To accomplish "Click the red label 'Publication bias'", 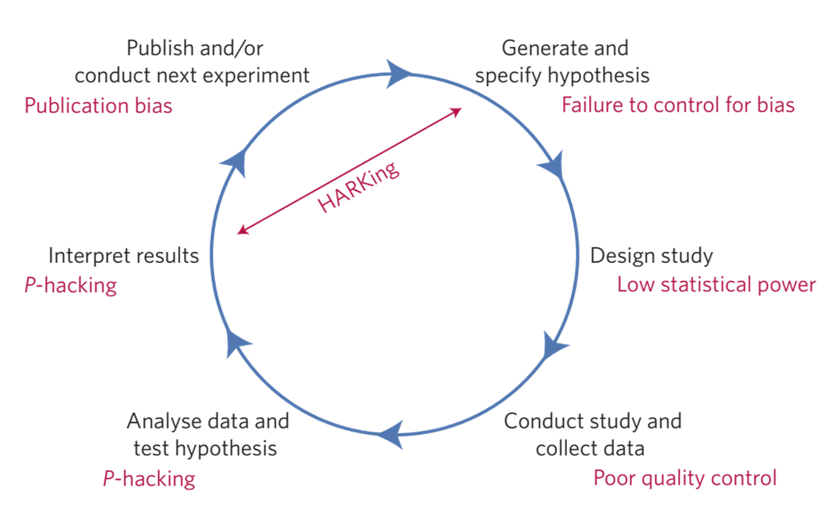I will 98,105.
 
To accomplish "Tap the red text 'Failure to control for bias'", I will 678,105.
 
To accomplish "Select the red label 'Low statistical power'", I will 716,284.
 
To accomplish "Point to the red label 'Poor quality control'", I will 685,478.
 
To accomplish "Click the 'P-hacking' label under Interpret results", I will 71,285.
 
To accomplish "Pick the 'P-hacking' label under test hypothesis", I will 149,478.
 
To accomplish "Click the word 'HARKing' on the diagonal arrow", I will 358,186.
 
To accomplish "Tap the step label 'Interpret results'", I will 124,256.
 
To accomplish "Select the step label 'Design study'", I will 651,256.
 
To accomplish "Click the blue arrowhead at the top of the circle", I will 400,74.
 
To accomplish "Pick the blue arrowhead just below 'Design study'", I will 556,347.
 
